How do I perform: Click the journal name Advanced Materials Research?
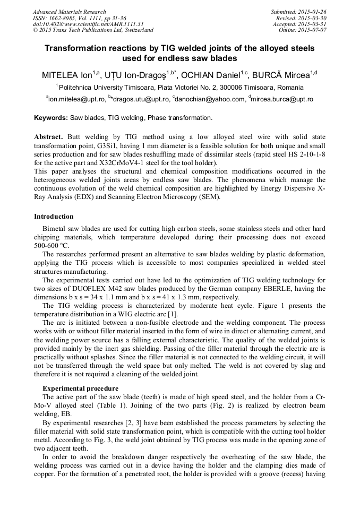(x=69, y=12)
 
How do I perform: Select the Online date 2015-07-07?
(x=313, y=30)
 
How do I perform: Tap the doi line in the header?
(x=88, y=24)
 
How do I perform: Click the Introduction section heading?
(x=54, y=217)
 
